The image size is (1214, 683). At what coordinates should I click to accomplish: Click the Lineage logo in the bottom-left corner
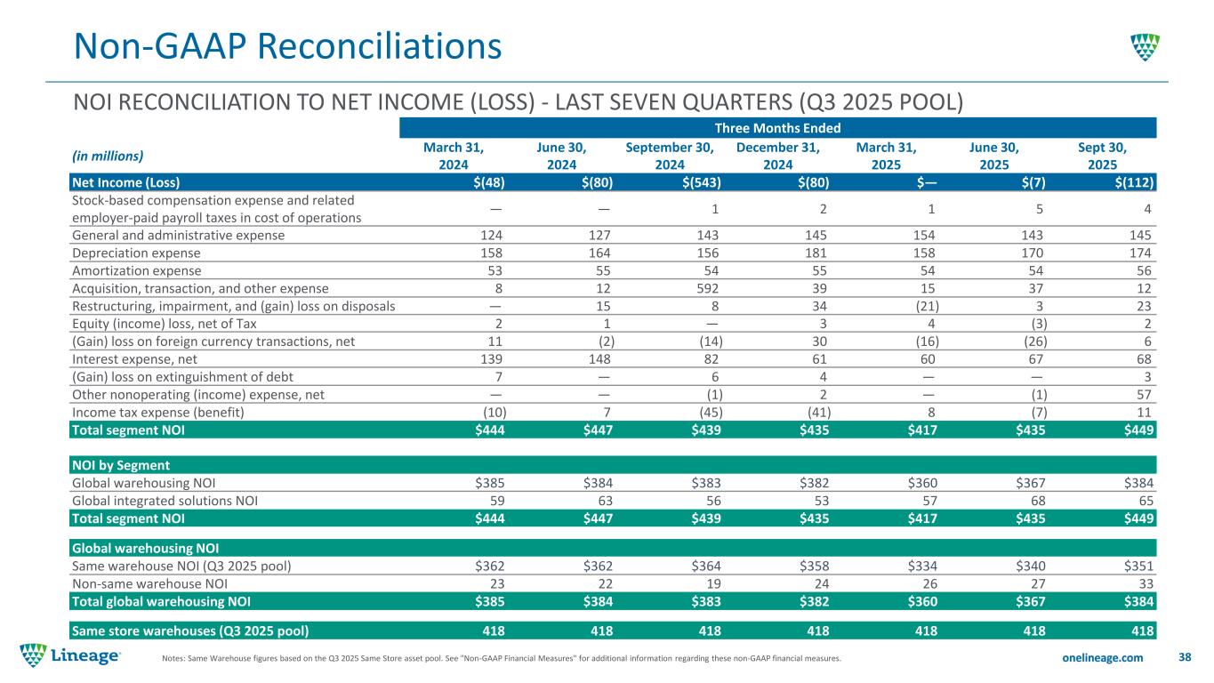click(x=70, y=656)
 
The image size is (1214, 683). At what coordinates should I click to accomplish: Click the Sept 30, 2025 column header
click(x=1102, y=157)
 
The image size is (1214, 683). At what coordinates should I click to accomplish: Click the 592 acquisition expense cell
click(x=709, y=288)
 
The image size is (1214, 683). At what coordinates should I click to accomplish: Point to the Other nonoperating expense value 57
click(x=1145, y=394)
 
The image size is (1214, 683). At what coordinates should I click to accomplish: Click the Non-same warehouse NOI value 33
click(x=1145, y=583)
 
